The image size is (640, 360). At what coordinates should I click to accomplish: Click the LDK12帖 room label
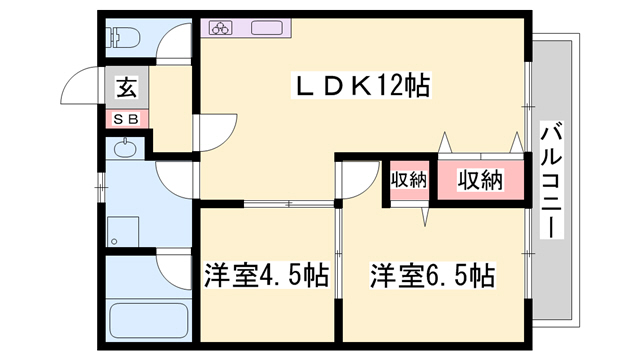[x=361, y=86]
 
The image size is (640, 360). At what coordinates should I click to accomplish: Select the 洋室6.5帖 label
[x=432, y=275]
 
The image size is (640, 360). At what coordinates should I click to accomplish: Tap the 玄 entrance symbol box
[x=128, y=87]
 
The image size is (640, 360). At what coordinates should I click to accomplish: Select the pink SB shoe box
[x=128, y=118]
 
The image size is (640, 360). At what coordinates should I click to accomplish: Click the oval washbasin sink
[x=125, y=151]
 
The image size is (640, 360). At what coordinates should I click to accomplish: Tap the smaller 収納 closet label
[x=408, y=181]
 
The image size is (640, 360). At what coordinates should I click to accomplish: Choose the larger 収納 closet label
[x=480, y=181]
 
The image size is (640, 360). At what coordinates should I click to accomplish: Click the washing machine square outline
[x=122, y=232]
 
